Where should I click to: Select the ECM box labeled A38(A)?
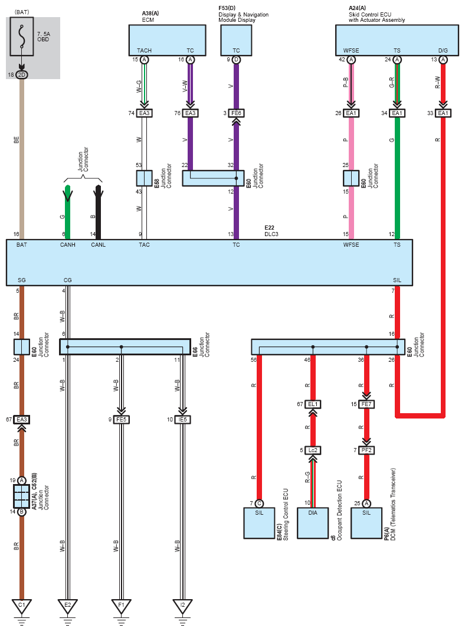[x=168, y=40]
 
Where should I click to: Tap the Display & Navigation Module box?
[x=236, y=40]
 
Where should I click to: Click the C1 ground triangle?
[x=22, y=606]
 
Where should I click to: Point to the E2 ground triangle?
[x=68, y=606]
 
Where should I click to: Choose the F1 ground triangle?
[x=122, y=606]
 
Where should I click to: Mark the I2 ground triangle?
[x=182, y=606]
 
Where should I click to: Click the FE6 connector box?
[x=236, y=113]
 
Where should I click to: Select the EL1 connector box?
[x=313, y=404]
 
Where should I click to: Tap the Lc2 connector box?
[x=313, y=450]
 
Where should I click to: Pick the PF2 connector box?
[x=366, y=450]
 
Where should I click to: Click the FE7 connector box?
[x=366, y=404]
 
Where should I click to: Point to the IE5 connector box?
[x=182, y=419]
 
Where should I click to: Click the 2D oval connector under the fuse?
[x=22, y=75]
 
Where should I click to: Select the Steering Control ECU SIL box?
[x=259, y=523]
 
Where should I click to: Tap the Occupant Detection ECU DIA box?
[x=313, y=523]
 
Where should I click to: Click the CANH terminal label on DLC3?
[x=68, y=245]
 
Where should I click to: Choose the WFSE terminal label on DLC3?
[x=351, y=245]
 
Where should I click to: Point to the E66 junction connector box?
[x=125, y=347]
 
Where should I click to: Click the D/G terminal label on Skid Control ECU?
[x=443, y=51]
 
